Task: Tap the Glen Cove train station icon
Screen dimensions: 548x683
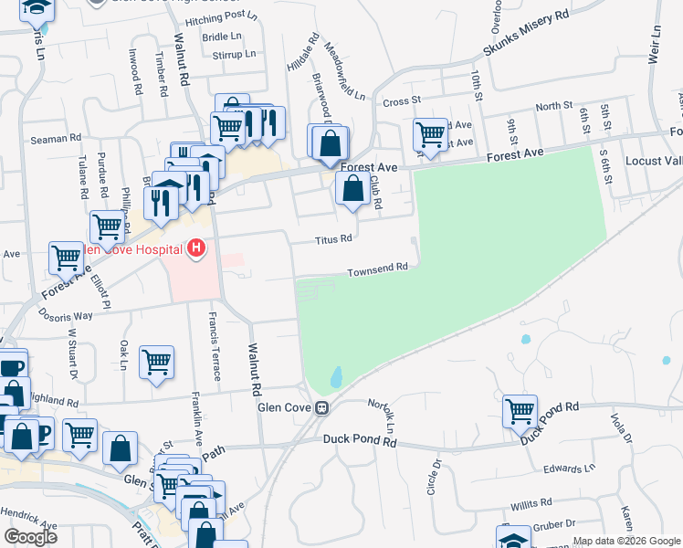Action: [321, 408]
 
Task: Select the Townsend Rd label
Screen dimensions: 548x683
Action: [377, 270]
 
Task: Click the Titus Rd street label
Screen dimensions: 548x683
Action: [333, 240]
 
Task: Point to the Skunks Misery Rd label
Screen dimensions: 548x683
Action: [526, 43]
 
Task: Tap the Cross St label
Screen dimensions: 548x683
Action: [401, 102]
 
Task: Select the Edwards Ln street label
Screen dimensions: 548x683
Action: [568, 469]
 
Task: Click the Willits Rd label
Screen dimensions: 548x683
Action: [531, 503]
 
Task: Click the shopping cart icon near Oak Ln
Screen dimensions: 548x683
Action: [156, 362]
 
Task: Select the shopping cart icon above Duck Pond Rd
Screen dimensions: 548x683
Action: [520, 411]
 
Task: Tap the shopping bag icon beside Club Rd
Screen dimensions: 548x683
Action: [352, 190]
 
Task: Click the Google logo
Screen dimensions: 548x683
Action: [30, 537]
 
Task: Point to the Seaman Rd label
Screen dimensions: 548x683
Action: [56, 138]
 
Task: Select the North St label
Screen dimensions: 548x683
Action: [553, 107]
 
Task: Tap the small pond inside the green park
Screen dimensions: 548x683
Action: [336, 376]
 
